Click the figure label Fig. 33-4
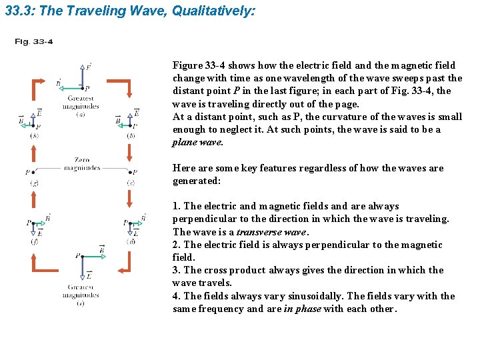34,42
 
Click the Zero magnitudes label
82,165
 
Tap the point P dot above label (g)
34,172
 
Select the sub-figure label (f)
34,241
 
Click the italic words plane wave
197,142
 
